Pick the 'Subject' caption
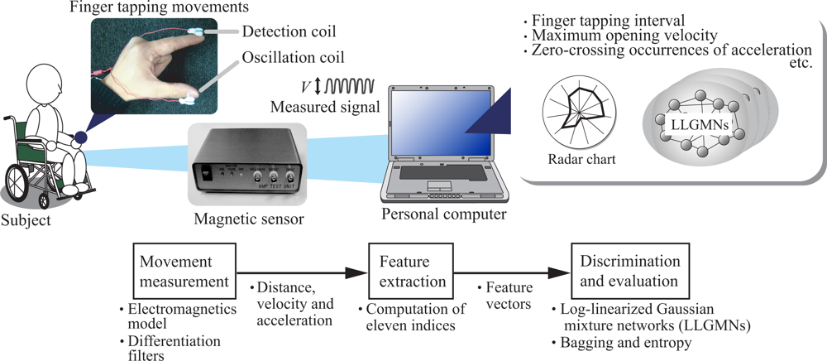coord(26,220)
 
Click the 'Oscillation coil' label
coord(294,59)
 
